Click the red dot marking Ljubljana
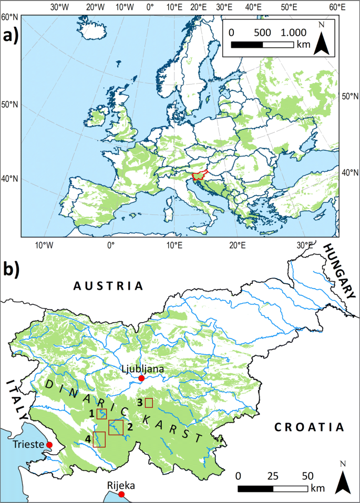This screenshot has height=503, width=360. [141, 378]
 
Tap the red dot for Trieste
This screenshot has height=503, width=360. [49, 445]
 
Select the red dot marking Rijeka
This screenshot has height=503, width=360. [121, 495]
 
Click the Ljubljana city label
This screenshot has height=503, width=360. [142, 369]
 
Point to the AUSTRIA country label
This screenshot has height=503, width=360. [108, 286]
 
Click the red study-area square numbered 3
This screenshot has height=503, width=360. [149, 403]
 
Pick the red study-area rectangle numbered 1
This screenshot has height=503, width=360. [101, 414]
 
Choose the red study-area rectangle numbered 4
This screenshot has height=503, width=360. [99, 439]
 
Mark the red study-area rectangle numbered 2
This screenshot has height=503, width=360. [116, 427]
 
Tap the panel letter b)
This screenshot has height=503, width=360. [12, 269]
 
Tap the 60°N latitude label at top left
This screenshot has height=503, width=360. [9, 17]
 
